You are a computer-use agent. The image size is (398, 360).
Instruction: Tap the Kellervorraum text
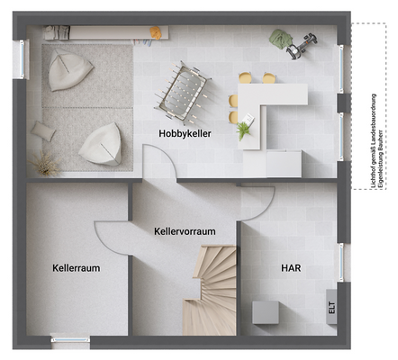coord(185,231)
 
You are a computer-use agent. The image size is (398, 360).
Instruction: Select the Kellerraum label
coord(76,267)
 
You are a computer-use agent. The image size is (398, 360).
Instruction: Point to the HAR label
coord(291,267)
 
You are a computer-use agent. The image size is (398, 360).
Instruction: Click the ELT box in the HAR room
coord(331,307)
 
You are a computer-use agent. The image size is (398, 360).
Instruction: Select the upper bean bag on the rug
coord(68,70)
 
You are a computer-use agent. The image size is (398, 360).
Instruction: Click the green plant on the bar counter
coord(244,131)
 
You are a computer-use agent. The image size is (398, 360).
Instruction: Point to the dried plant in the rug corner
coord(45,164)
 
